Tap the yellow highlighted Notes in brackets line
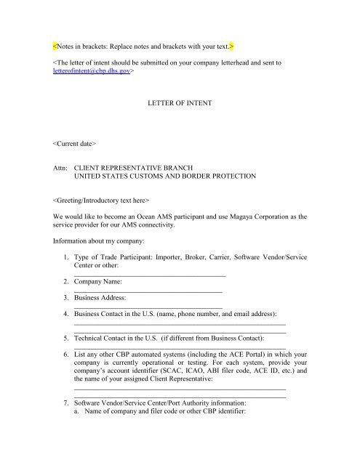click(x=144, y=46)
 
